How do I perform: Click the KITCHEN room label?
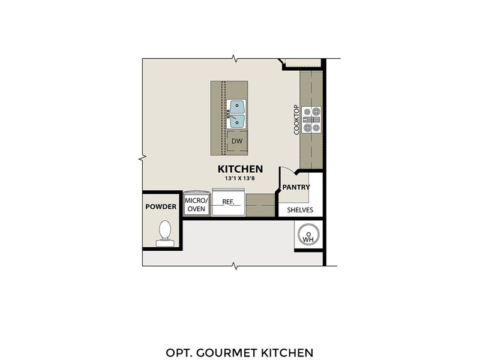(240, 169)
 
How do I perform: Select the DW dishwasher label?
(237, 141)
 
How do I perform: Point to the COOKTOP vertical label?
(296, 119)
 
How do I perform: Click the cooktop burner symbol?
(312, 119)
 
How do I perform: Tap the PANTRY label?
(296, 187)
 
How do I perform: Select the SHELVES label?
(300, 210)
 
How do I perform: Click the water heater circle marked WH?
(308, 235)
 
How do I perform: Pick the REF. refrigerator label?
(228, 202)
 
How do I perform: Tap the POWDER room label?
(161, 207)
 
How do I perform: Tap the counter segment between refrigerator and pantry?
(259, 205)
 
